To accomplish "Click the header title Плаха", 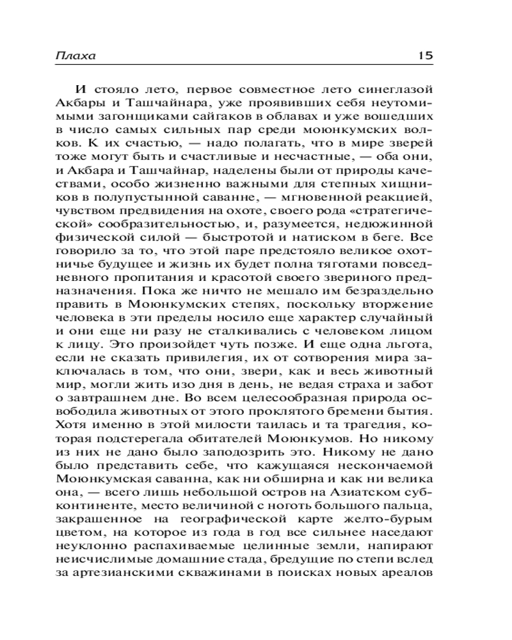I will tap(75, 56).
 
